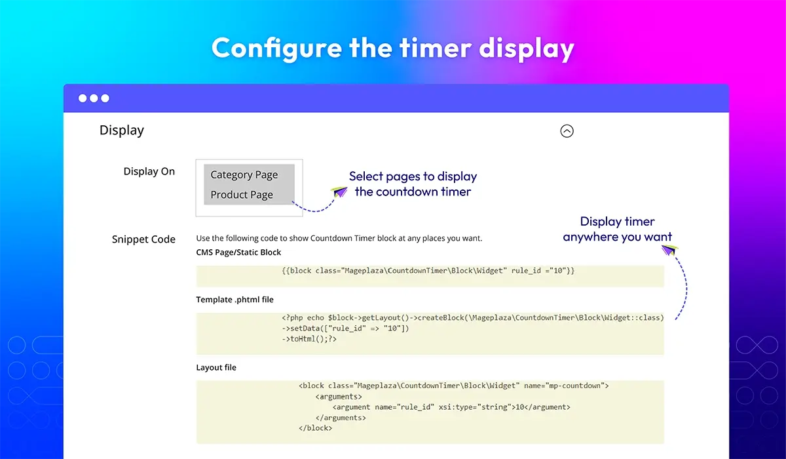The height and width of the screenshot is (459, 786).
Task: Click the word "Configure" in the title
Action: coord(277,49)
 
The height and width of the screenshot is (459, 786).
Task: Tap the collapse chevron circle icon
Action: coord(567,131)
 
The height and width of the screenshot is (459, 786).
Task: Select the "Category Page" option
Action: coord(244,174)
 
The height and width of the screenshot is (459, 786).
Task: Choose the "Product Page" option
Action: coord(242,195)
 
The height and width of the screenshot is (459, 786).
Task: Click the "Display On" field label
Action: coord(149,171)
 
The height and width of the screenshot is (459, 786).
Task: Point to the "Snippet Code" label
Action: coord(143,239)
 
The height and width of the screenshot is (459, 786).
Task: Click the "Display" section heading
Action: coord(122,130)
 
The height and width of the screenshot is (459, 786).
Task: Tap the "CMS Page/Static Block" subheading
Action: coord(238,252)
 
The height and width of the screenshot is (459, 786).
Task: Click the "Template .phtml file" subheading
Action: coord(234,300)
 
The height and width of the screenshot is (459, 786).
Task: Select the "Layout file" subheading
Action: coord(216,367)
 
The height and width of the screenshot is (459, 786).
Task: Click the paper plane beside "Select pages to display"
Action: coord(339,191)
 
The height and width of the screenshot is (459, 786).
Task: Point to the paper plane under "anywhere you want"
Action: coord(670,250)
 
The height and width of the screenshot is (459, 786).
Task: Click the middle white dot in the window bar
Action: coord(94,98)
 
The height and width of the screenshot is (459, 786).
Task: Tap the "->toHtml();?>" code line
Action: coord(309,339)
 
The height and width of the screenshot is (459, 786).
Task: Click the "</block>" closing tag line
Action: coord(315,428)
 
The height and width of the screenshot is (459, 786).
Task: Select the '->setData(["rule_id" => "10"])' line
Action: coord(345,329)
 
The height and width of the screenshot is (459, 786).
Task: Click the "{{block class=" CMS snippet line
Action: coord(428,271)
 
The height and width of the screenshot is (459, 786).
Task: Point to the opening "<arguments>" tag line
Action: coord(339,397)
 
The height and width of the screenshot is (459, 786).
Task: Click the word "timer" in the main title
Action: coord(436,49)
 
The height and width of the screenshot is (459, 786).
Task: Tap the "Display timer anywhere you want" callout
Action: coord(618,229)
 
